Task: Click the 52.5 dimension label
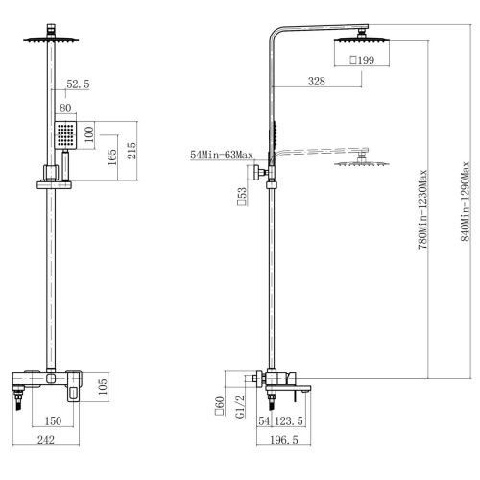tap(78, 84)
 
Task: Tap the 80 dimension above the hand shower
tap(65, 108)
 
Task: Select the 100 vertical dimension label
tap(89, 134)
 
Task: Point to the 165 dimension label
tap(112, 156)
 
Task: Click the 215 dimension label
tap(132, 151)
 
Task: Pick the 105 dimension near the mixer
tap(103, 386)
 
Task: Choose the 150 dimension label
tap(53, 420)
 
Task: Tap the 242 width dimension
tap(46, 440)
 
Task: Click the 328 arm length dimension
tap(317, 81)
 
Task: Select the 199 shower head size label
tap(362, 60)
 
